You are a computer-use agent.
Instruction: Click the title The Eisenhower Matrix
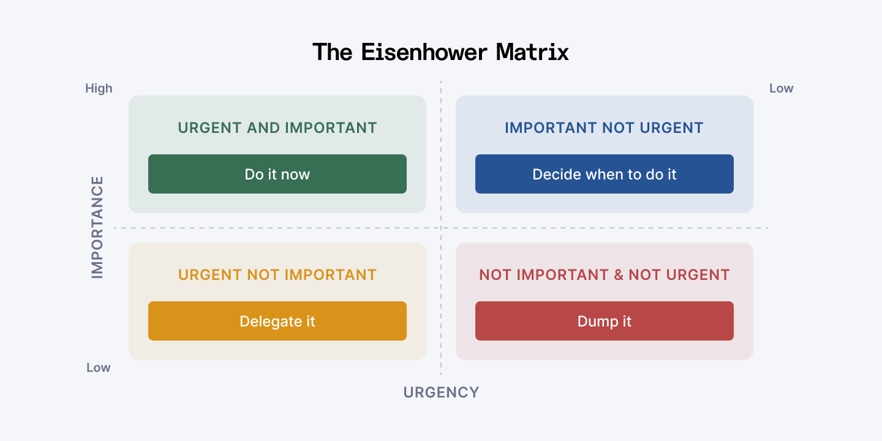440,52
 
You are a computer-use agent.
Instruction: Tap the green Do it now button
277,174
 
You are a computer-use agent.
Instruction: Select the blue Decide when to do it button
604,174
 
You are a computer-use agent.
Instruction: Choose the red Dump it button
604,321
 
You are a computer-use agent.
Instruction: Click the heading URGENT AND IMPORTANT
277,128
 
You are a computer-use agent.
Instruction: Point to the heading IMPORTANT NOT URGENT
604,128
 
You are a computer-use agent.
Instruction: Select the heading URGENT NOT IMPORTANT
277,275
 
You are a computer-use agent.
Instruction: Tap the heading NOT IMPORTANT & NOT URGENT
604,275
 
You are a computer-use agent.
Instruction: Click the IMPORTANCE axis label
97,227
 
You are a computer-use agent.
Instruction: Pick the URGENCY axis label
441,393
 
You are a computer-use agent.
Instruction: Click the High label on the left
99,88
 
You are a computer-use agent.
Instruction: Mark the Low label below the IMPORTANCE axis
98,367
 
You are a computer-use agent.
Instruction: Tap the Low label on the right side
781,88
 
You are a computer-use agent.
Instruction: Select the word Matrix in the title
532,52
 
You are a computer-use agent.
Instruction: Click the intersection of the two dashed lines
441,228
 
